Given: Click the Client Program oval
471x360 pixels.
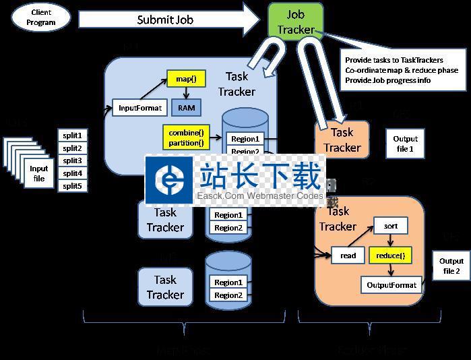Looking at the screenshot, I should (41, 18).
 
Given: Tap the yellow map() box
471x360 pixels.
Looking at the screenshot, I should (185, 80).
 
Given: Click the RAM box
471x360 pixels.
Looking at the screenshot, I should (186, 107).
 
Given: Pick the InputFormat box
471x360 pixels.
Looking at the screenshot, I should (140, 108).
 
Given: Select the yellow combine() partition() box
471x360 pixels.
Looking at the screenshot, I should (186, 138).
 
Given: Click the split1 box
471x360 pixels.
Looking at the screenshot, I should (72, 136).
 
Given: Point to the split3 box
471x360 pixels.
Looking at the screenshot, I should (72, 160).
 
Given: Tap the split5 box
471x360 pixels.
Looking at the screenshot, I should (72, 185).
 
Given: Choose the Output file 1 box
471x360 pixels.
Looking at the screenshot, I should (404, 144).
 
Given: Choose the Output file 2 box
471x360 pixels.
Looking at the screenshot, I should (451, 266).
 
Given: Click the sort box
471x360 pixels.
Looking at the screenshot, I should (391, 226).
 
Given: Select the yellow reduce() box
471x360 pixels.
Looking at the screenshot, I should (389, 256).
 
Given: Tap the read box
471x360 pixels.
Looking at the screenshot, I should (348, 256).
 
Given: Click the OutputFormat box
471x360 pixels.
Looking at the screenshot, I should (391, 285).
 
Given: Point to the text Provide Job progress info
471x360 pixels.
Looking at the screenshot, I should (387, 80).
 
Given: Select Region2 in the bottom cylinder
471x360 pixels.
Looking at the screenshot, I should (228, 295).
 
